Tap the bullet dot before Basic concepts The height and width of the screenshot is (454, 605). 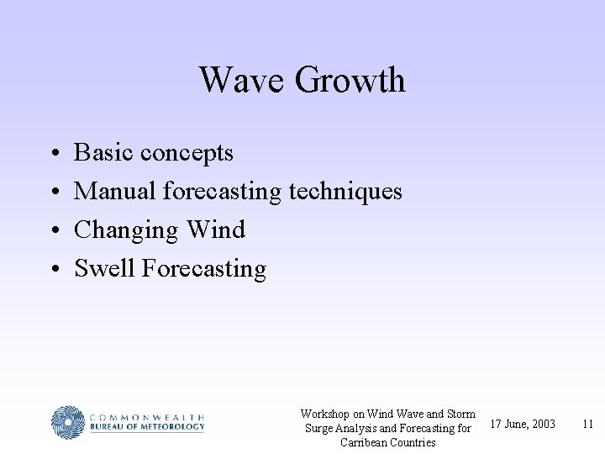point(53,154)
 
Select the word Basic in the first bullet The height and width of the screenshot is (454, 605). point(105,153)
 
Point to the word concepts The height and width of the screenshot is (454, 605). point(187,154)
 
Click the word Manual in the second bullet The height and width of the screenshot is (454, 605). point(116,192)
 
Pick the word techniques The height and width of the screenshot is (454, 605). point(345,192)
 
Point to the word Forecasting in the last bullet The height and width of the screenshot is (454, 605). point(204,270)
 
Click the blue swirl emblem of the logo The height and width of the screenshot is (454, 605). point(67,422)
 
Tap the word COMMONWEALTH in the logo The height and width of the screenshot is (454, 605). point(146,415)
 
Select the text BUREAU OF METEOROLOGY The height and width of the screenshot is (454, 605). point(146,427)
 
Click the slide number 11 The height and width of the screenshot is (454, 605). point(587,424)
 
